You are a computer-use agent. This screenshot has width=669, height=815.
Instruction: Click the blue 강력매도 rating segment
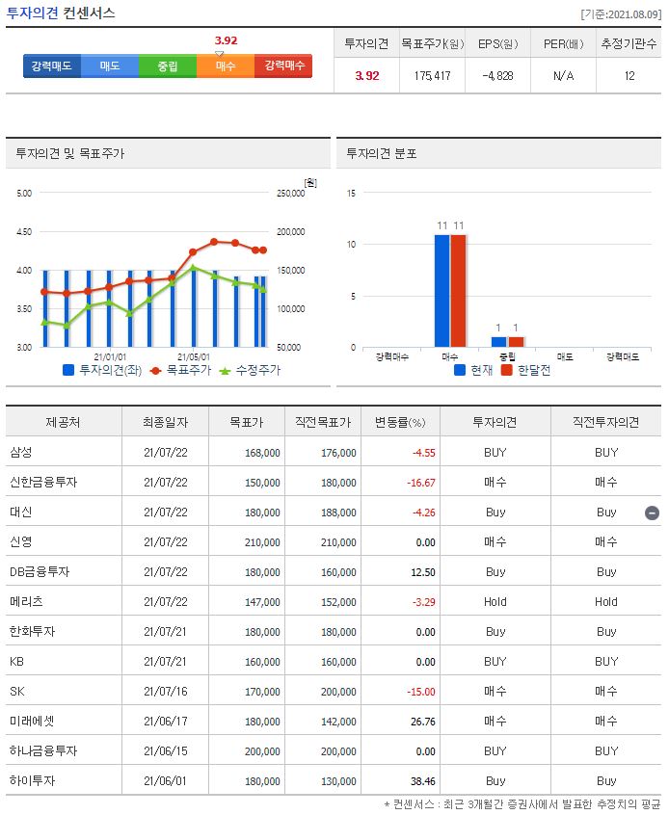(x=52, y=66)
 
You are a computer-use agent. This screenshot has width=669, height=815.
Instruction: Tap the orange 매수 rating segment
(x=226, y=66)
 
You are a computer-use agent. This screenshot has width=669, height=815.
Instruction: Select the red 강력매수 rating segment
(x=283, y=66)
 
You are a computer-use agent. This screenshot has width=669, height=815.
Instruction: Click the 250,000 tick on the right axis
(x=290, y=194)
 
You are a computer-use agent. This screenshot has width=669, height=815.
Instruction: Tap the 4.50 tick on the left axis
(x=23, y=232)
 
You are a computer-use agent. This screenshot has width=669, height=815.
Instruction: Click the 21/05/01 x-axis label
(x=194, y=356)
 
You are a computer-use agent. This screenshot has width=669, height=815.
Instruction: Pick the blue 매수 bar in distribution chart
(x=442, y=290)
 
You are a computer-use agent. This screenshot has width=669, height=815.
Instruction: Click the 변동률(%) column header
(x=399, y=422)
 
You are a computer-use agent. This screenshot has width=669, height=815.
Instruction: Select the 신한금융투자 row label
(x=44, y=482)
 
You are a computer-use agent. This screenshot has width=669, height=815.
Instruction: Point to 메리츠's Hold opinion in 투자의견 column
(x=495, y=601)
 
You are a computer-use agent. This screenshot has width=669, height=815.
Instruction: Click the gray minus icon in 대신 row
(x=652, y=513)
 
